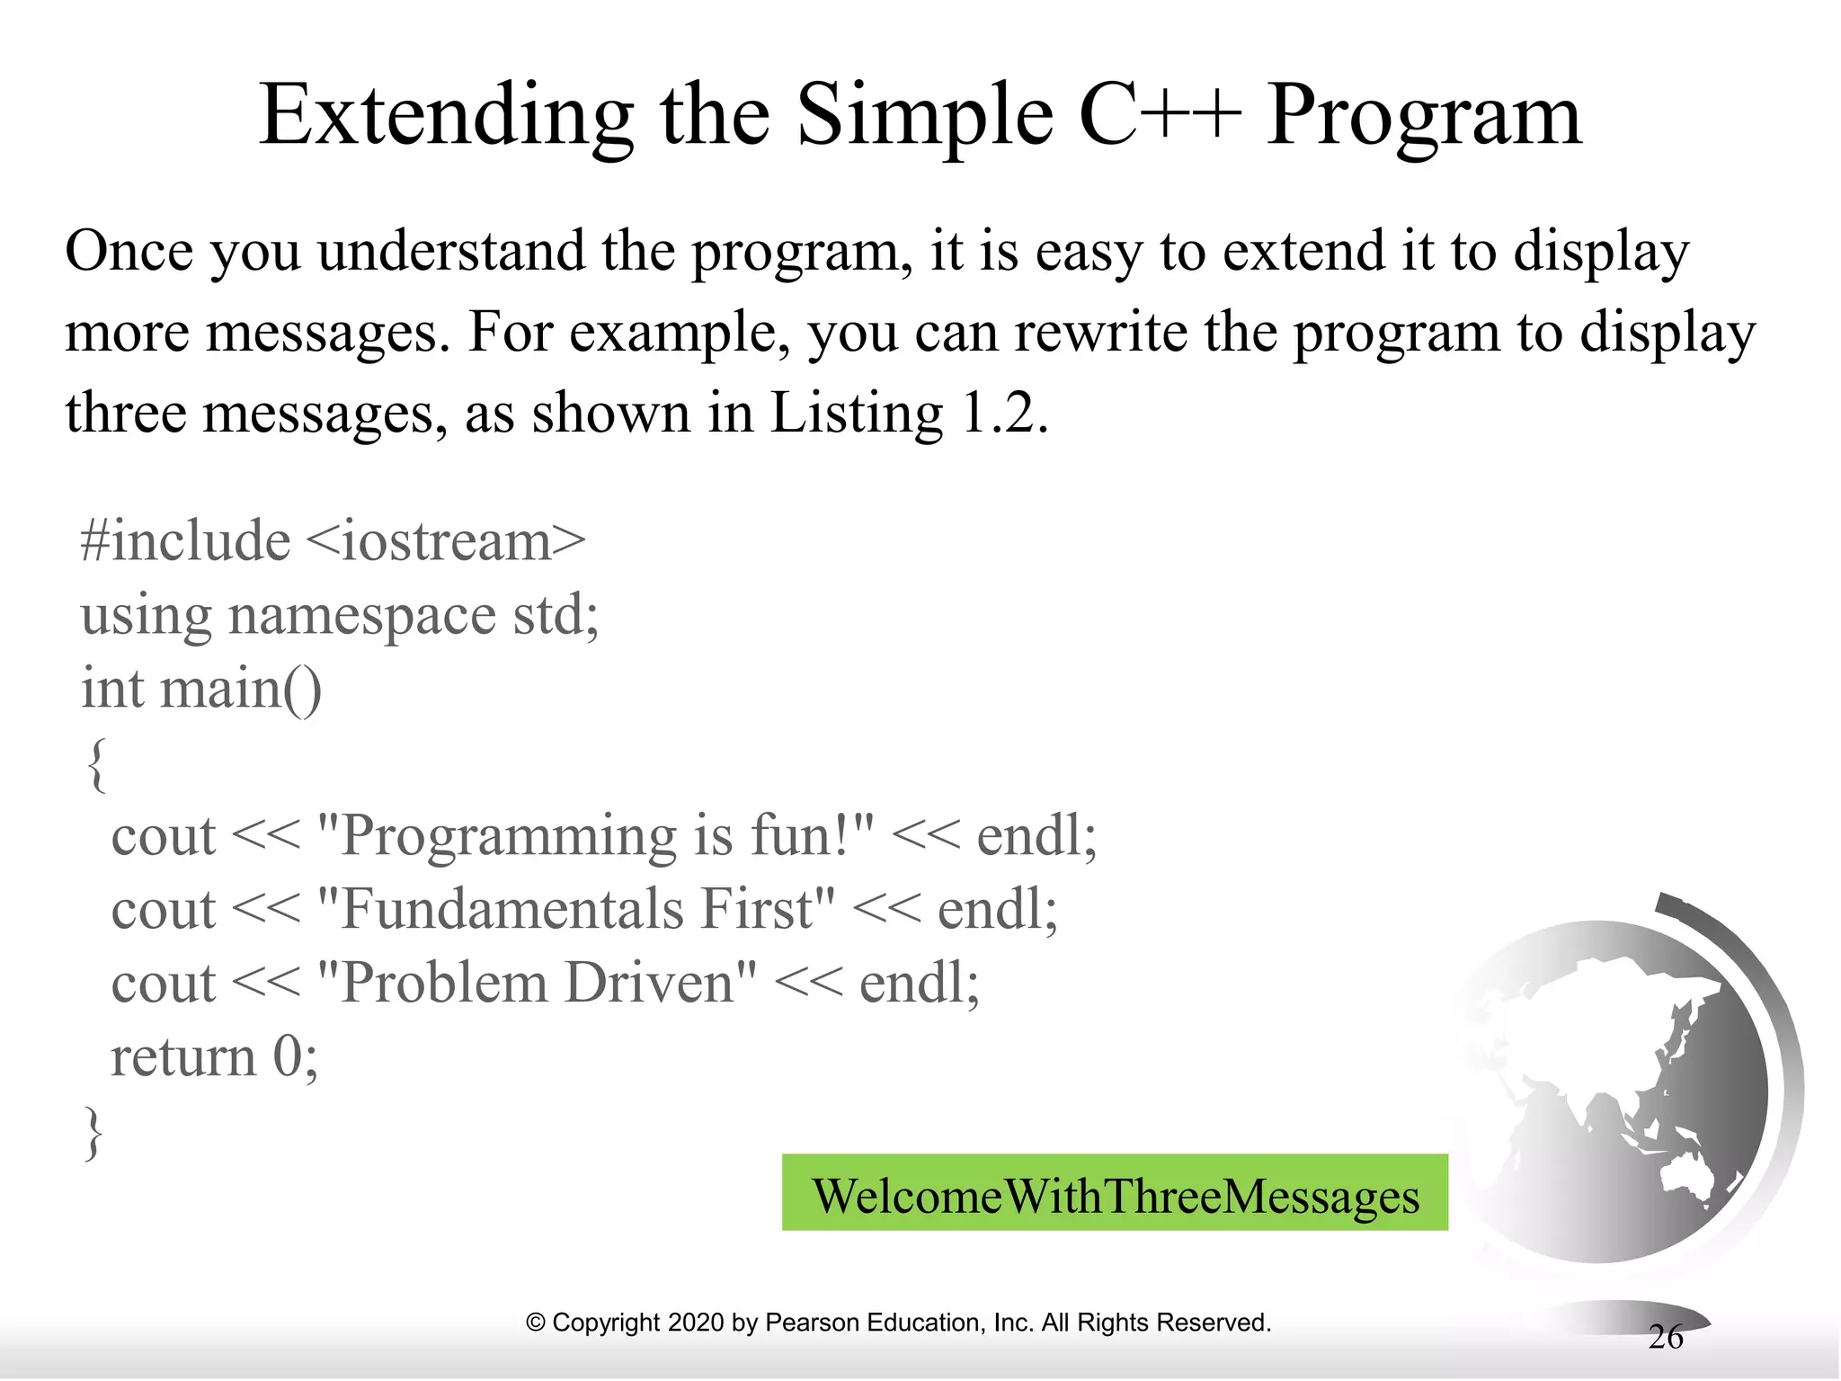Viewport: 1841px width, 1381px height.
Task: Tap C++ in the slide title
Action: pos(1160,117)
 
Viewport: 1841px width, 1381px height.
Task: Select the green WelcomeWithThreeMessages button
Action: pos(1115,1193)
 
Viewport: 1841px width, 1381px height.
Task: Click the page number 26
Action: pos(1665,1337)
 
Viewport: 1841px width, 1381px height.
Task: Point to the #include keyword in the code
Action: pos(185,541)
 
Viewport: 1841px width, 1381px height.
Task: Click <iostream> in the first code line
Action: pos(446,541)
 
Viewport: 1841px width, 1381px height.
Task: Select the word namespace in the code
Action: pos(361,617)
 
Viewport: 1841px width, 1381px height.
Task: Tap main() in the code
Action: pos(239,689)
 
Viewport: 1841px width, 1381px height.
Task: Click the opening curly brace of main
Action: pos(96,763)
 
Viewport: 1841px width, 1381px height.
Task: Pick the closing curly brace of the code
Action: pos(93,1132)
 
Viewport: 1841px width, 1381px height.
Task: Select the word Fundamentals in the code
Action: pos(512,909)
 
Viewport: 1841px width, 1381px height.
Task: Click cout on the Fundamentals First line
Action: pos(163,909)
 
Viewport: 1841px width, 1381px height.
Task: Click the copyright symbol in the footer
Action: pos(536,1323)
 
